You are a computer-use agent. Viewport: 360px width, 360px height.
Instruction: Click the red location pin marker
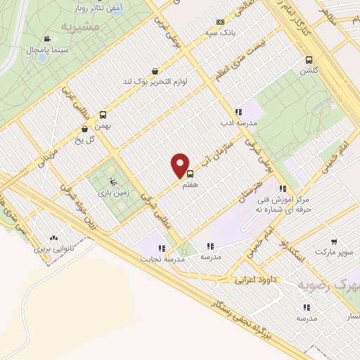pyautogui.click(x=181, y=165)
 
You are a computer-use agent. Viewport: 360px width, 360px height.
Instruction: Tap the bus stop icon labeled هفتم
pyautogui.click(x=190, y=174)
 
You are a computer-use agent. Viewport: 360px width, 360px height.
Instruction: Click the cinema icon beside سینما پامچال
pyautogui.click(x=46, y=39)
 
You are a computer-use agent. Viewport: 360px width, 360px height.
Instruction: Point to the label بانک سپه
pyautogui.click(x=220, y=32)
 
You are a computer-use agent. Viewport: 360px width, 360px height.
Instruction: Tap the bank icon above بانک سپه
pyautogui.click(x=220, y=22)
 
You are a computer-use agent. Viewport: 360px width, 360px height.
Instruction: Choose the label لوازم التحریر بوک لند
pyautogui.click(x=155, y=82)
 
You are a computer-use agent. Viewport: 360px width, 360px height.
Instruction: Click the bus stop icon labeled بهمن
pyautogui.click(x=103, y=115)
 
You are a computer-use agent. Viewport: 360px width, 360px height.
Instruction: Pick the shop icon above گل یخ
pyautogui.click(x=85, y=129)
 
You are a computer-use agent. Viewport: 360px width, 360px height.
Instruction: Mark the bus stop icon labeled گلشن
pyautogui.click(x=309, y=60)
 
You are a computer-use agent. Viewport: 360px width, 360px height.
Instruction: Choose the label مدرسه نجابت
pyautogui.click(x=165, y=259)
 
